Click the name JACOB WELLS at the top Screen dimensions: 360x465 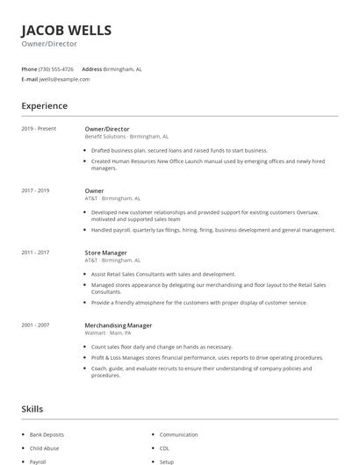tap(67, 31)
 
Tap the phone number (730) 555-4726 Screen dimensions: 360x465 tap(56, 68)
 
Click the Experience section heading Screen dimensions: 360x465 tap(44, 106)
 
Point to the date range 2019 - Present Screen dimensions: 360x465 tap(39, 129)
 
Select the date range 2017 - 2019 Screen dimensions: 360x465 tap(35, 190)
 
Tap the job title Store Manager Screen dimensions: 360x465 tap(105, 253)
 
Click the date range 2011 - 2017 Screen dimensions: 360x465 tap(35, 253)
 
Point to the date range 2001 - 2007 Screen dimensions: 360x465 tap(35, 325)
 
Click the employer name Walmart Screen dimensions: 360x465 tap(94, 333)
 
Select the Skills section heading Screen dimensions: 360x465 tap(32, 409)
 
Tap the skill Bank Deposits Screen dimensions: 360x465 tap(47, 434)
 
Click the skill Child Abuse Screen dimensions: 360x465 tap(44, 448)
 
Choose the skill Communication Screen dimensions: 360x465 tap(178, 434)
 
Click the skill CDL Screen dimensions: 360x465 tap(165, 448)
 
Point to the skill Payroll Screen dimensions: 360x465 tap(38, 461)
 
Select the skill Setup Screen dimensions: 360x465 tap(167, 461)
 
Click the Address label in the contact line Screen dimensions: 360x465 tap(91, 68)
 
